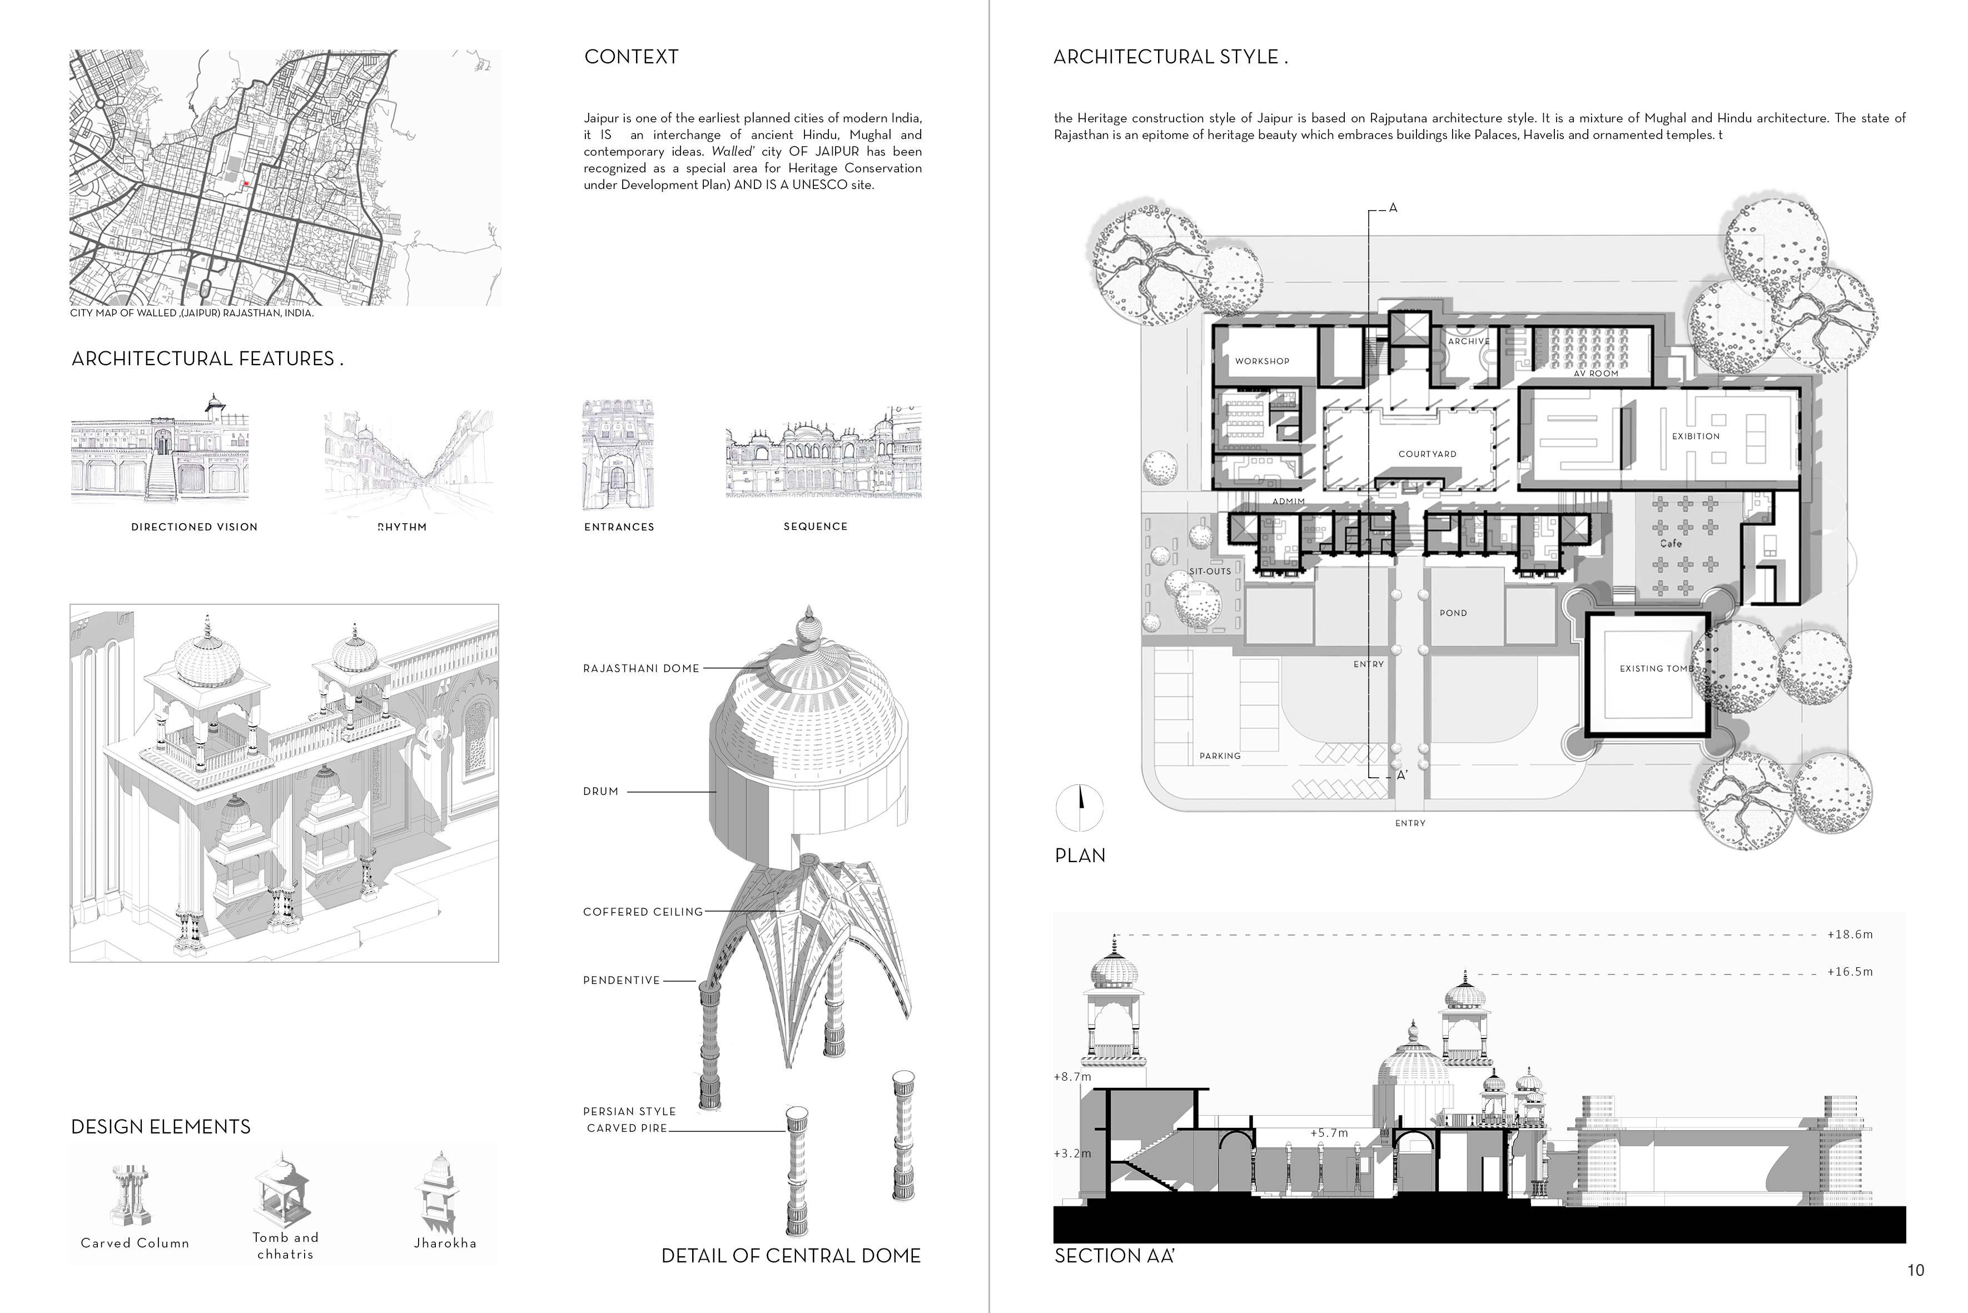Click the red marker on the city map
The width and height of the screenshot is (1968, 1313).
click(246, 183)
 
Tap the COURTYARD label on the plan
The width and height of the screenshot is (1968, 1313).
click(1427, 454)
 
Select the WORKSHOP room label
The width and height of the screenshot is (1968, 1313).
click(1262, 361)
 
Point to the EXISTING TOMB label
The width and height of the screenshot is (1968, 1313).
click(1657, 668)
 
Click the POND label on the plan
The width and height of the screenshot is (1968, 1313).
click(1453, 613)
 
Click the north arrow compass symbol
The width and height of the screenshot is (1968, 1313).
click(1080, 807)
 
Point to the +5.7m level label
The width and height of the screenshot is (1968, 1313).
click(1329, 1133)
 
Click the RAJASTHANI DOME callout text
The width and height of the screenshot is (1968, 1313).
click(640, 668)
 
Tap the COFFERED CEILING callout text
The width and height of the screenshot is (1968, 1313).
click(642, 912)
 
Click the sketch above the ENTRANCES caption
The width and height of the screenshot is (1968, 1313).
click(618, 455)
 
